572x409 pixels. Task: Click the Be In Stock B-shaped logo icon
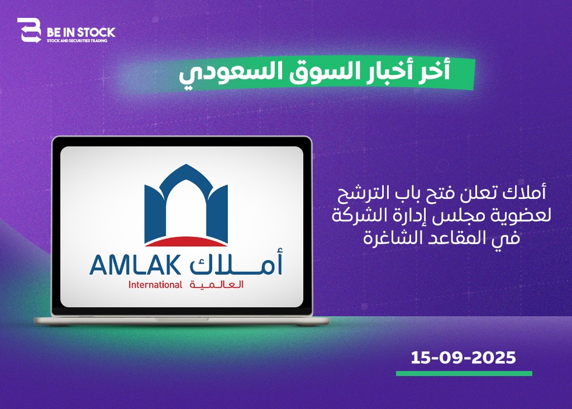click(29, 30)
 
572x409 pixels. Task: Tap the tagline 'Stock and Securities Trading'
click(77, 41)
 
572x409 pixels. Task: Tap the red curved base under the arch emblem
click(186, 241)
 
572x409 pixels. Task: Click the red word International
click(155, 284)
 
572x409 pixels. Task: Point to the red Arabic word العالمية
click(216, 284)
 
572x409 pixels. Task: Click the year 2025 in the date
click(494, 358)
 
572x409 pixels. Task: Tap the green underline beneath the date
click(464, 373)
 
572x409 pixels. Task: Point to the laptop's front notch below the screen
click(182, 319)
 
